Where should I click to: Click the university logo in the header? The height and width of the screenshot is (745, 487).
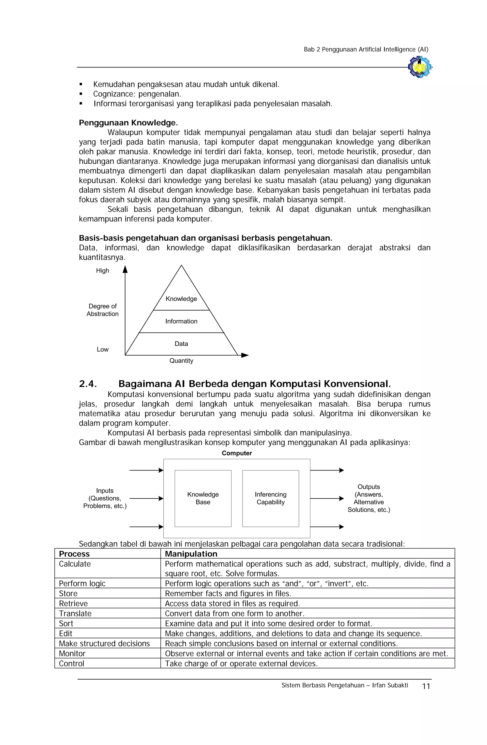click(x=419, y=67)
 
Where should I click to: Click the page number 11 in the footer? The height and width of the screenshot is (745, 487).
click(x=426, y=686)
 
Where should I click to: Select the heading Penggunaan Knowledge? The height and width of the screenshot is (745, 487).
click(x=128, y=123)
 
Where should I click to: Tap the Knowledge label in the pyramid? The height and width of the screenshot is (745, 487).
click(x=181, y=299)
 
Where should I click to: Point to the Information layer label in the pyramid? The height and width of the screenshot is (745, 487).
click(x=181, y=321)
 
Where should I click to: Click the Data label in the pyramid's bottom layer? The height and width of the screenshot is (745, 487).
click(x=181, y=344)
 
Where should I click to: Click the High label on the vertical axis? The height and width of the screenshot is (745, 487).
click(x=102, y=270)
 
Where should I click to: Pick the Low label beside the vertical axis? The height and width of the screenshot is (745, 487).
click(x=102, y=349)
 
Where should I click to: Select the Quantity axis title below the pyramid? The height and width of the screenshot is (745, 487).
click(x=181, y=361)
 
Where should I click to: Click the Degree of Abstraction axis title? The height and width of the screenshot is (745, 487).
click(x=102, y=310)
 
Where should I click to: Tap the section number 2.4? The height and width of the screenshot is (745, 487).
click(x=88, y=384)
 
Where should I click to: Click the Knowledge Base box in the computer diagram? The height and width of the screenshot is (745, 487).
click(x=203, y=498)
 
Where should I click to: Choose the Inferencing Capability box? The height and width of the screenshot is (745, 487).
click(x=270, y=498)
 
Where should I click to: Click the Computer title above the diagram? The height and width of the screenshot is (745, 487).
click(x=237, y=453)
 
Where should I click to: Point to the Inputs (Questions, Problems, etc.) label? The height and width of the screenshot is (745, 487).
click(x=105, y=498)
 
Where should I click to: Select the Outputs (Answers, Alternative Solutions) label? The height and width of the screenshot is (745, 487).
click(x=369, y=498)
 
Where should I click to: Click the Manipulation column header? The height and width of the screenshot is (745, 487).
click(x=191, y=554)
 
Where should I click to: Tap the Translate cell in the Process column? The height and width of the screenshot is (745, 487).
click(x=75, y=613)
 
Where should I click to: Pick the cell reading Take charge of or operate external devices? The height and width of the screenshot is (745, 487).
click(x=241, y=664)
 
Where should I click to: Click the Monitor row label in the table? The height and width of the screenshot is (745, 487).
click(x=72, y=654)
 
